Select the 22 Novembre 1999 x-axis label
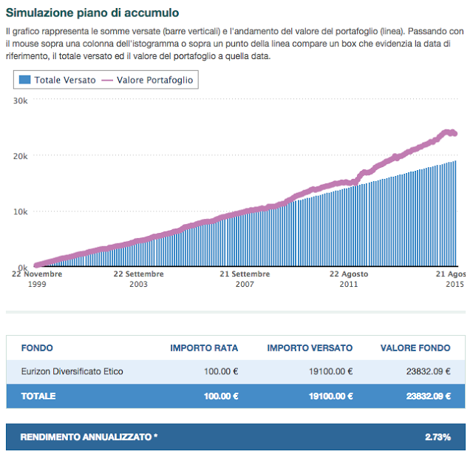click(x=37, y=278)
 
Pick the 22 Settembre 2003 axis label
click(x=139, y=278)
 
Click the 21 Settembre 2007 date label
click(x=245, y=278)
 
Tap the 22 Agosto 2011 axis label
click(x=348, y=278)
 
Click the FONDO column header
click(x=37, y=348)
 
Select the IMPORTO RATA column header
click(x=204, y=348)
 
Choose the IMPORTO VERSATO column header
click(x=310, y=348)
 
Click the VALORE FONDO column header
click(x=415, y=348)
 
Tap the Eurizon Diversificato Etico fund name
click(x=72, y=371)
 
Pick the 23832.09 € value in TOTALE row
click(x=428, y=396)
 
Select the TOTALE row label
click(x=38, y=396)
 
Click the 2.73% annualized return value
click(x=438, y=437)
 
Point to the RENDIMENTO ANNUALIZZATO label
click(x=89, y=437)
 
